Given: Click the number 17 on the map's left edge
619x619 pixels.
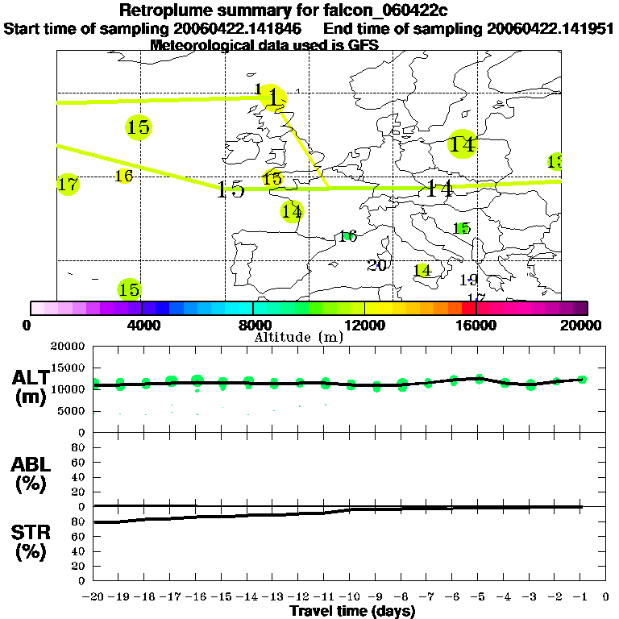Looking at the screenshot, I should point(69,185).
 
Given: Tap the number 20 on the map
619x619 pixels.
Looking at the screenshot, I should point(377,265).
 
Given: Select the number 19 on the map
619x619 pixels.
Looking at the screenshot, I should point(469,280).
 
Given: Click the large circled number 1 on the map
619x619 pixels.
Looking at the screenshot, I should point(275,98).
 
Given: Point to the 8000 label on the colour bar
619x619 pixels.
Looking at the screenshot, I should point(252,326).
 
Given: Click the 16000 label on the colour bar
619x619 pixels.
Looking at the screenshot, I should point(476,326).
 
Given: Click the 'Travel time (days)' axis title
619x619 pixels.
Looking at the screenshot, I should point(352,612).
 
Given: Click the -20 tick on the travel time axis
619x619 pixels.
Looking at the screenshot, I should point(93,597).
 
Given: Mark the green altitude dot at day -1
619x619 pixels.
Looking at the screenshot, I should point(582,379).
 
